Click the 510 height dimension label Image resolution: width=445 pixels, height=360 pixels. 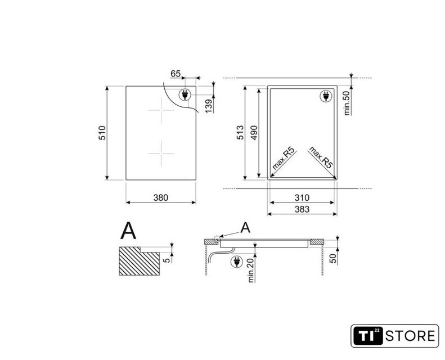pyautogui.click(x=102, y=133)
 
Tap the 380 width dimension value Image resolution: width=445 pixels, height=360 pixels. pyautogui.click(x=161, y=197)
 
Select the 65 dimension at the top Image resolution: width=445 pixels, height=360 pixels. pyautogui.click(x=176, y=74)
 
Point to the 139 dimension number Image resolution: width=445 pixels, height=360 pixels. pyautogui.click(x=209, y=106)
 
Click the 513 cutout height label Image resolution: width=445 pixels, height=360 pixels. pyautogui.click(x=240, y=133)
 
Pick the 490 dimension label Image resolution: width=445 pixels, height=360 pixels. pyautogui.click(x=254, y=133)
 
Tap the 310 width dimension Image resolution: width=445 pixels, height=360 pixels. pyautogui.click(x=302, y=197)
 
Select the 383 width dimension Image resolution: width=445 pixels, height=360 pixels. pyautogui.click(x=302, y=209)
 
